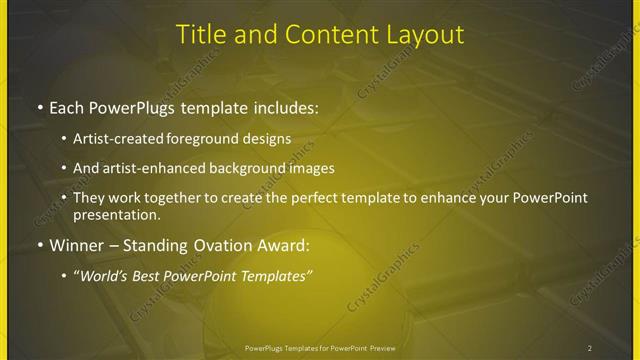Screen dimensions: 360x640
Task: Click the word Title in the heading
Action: point(200,34)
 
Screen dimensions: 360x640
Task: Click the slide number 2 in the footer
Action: point(590,348)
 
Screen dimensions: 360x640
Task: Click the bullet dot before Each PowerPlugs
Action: point(38,106)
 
